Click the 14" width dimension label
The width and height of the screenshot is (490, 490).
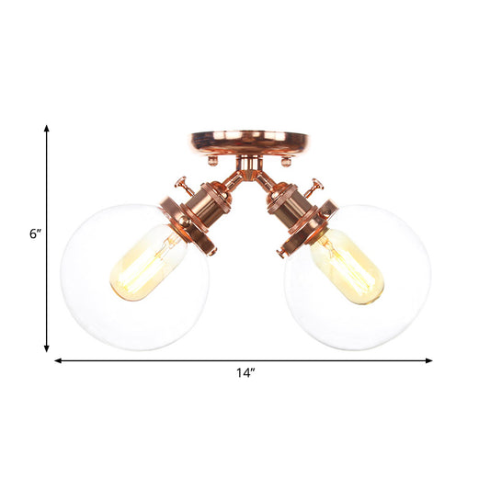(x=244, y=373)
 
